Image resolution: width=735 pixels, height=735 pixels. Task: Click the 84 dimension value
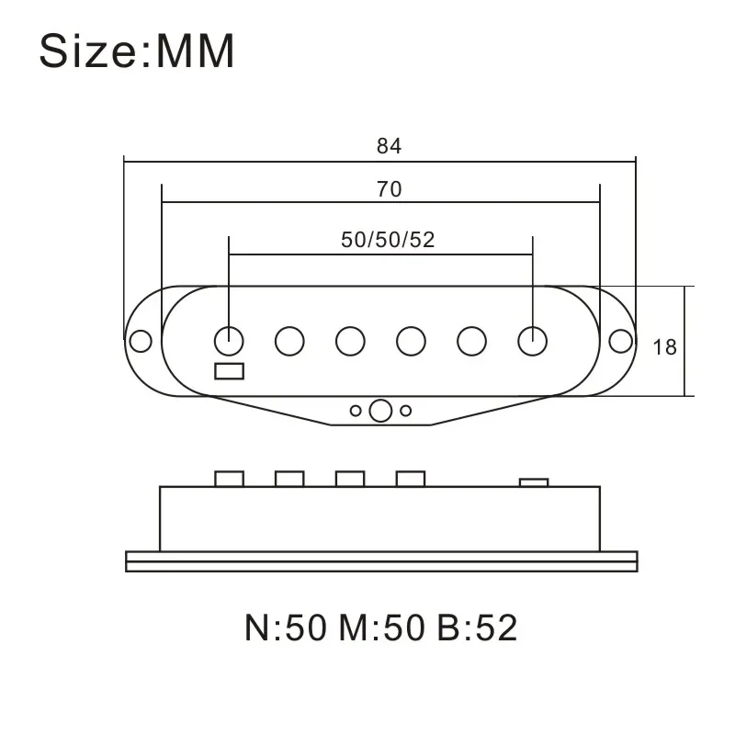tap(389, 146)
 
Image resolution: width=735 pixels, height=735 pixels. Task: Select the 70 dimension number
tap(389, 189)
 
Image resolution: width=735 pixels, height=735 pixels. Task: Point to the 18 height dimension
tap(664, 347)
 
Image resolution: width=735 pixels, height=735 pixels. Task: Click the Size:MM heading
tap(137, 52)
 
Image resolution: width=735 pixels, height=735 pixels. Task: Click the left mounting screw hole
tap(140, 341)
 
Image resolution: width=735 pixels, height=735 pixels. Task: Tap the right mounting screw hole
tap(621, 341)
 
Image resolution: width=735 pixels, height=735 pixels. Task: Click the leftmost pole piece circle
tap(229, 341)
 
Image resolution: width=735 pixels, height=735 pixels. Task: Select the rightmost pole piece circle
tap(532, 341)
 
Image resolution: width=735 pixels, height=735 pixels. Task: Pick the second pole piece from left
tap(289, 341)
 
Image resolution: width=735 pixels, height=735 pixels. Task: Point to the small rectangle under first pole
tap(229, 371)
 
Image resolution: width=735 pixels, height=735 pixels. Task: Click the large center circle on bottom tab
tap(380, 411)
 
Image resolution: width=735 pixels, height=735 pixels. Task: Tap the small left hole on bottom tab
tap(356, 411)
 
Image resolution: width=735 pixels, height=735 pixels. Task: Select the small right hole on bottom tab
tap(405, 411)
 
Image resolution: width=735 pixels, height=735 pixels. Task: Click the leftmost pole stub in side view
tap(229, 479)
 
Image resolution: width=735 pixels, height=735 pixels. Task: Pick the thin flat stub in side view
tap(534, 481)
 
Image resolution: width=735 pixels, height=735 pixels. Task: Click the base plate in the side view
tap(380, 560)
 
